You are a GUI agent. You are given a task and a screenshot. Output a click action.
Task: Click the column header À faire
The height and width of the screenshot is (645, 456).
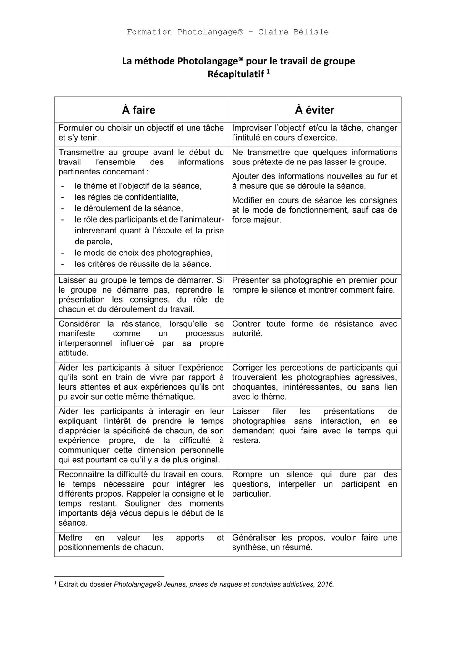[x=139, y=110]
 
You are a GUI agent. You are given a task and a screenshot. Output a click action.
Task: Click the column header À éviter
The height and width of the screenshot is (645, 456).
[x=314, y=110]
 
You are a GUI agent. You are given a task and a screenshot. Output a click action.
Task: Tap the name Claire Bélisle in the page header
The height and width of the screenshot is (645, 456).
[x=293, y=32]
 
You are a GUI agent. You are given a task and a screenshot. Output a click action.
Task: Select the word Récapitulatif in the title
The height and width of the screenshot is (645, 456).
[x=236, y=74]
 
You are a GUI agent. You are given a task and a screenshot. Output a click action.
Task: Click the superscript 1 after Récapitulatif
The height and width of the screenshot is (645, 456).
[x=268, y=72]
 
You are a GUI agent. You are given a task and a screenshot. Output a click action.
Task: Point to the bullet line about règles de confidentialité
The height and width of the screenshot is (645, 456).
[x=126, y=197]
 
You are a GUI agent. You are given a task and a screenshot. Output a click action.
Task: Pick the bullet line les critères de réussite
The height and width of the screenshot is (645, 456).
[x=143, y=264]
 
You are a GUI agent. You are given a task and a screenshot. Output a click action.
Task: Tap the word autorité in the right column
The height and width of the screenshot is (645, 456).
[x=247, y=333]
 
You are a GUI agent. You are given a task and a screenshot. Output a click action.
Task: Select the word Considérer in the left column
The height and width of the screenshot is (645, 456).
[x=79, y=324]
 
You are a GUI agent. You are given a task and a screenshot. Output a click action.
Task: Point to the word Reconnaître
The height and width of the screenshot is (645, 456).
[x=82, y=474]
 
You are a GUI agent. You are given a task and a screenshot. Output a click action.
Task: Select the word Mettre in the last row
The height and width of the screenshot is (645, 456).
[x=70, y=538]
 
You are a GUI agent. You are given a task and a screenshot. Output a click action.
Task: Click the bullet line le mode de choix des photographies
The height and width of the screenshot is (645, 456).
[x=143, y=253]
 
